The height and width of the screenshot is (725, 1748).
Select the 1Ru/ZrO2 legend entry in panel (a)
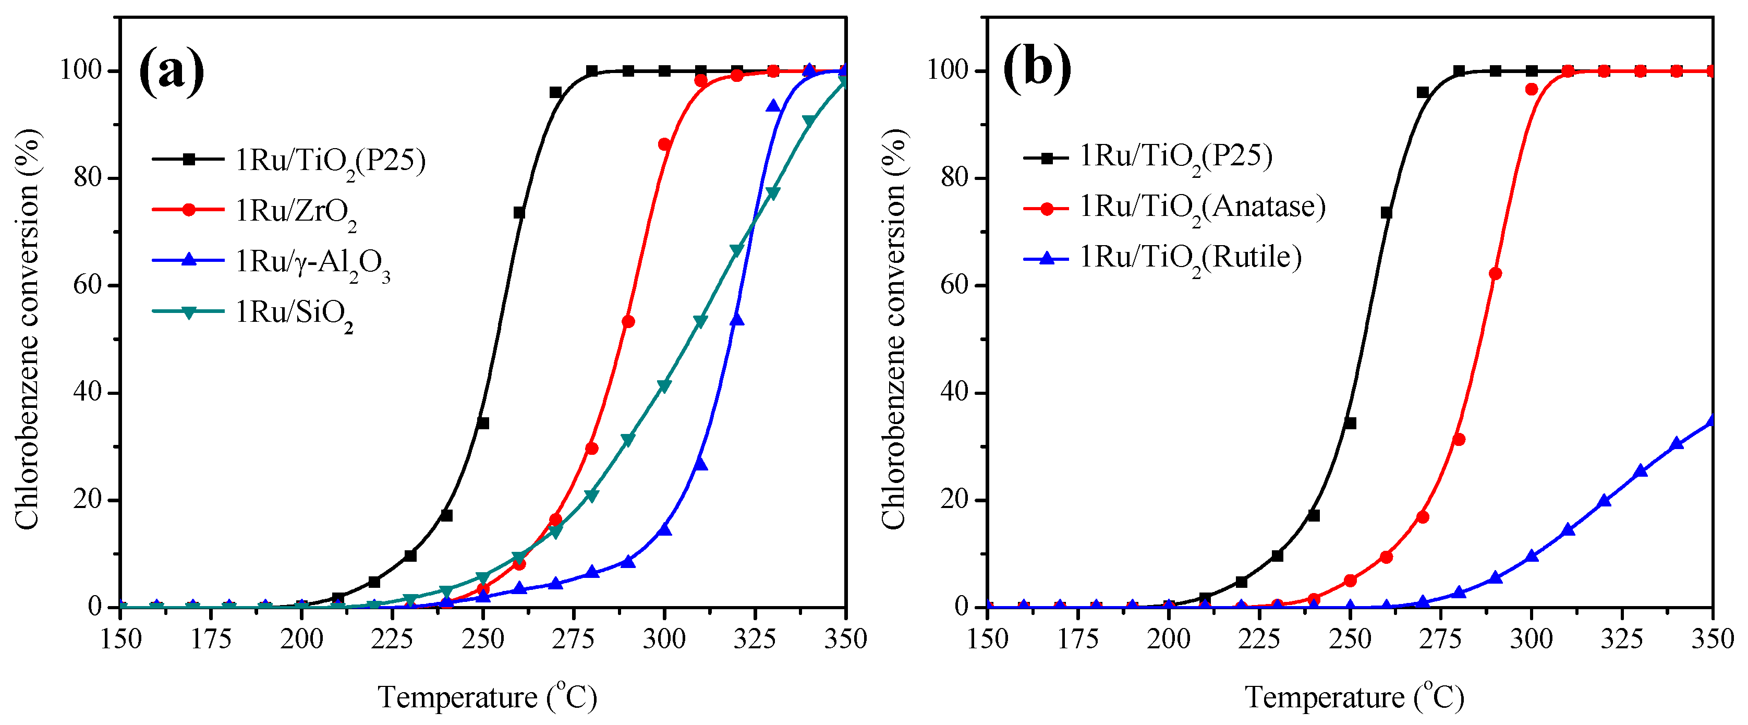click(296, 211)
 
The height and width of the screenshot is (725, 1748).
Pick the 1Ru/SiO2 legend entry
click(294, 313)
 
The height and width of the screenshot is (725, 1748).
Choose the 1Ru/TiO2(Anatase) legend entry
click(1201, 207)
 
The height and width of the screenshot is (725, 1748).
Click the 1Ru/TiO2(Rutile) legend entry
click(1190, 258)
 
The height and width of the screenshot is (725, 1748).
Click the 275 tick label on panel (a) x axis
click(574, 639)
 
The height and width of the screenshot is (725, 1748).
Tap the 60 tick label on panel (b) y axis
click(953, 285)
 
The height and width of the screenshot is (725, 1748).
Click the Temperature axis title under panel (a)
click(487, 697)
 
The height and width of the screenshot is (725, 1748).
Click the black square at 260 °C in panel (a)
click(519, 212)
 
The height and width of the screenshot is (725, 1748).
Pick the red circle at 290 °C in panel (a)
click(628, 321)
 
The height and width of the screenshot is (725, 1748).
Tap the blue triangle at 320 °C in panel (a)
click(737, 320)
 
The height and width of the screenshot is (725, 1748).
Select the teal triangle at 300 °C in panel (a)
click(664, 385)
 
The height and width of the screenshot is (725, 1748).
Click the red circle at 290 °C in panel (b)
click(1495, 274)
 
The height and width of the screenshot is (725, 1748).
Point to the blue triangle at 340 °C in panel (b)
click(1677, 443)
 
